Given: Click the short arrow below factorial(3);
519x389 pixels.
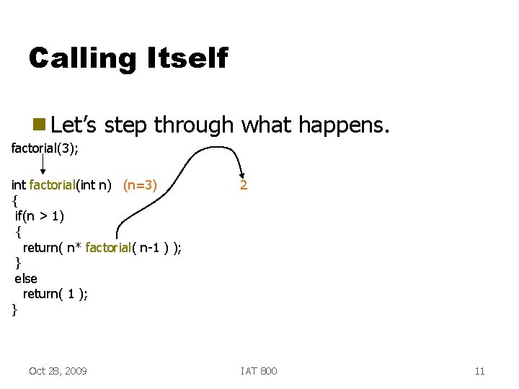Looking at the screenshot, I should pyautogui.click(x=43, y=165).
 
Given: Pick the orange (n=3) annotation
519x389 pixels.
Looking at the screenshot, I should pyautogui.click(x=140, y=185).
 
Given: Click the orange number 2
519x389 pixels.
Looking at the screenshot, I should pyautogui.click(x=244, y=185).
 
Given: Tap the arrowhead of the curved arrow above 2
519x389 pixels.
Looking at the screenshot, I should pyautogui.click(x=241, y=171).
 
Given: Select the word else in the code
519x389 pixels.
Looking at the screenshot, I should pyautogui.click(x=26, y=278).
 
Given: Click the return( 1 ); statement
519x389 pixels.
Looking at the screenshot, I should pyautogui.click(x=56, y=294).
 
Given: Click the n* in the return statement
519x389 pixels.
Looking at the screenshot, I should pyautogui.click(x=74, y=248).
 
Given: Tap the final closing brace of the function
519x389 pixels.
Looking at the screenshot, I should pyautogui.click(x=14, y=310).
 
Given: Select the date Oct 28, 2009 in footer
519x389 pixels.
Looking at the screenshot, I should pyautogui.click(x=58, y=371).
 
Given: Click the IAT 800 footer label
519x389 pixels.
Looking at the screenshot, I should pyautogui.click(x=259, y=371).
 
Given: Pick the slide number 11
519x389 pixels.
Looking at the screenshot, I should pyautogui.click(x=479, y=371).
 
